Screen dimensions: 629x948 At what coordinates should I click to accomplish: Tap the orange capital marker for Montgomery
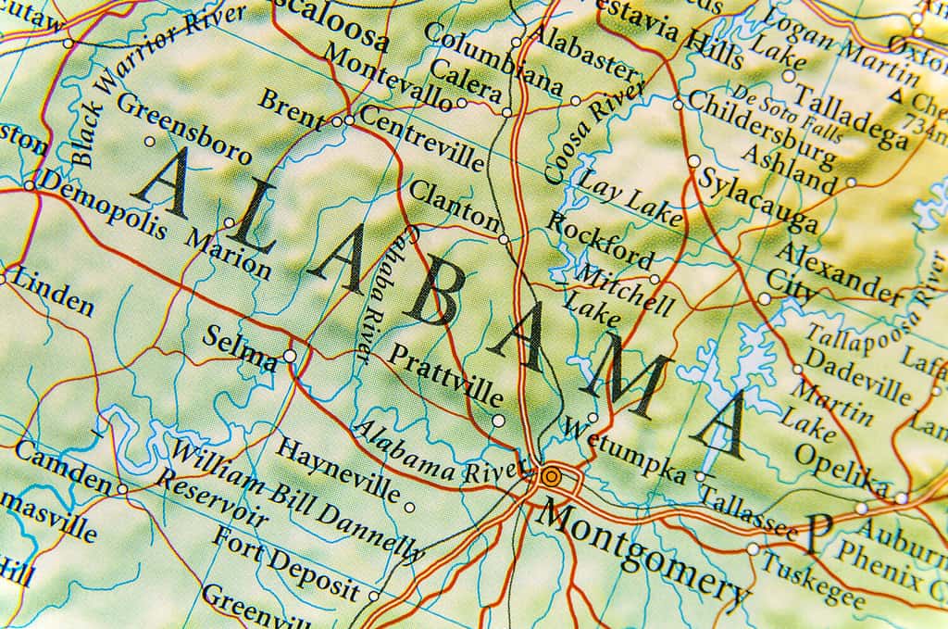[551, 477]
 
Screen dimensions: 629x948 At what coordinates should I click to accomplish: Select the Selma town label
[240, 347]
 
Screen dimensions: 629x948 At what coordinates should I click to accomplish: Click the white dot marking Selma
[290, 356]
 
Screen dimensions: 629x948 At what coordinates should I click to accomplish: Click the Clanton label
[454, 206]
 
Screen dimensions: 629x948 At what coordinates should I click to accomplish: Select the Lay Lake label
[630, 200]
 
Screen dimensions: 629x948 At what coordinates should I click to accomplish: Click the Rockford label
[599, 239]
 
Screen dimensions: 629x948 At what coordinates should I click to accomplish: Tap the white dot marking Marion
[229, 222]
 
